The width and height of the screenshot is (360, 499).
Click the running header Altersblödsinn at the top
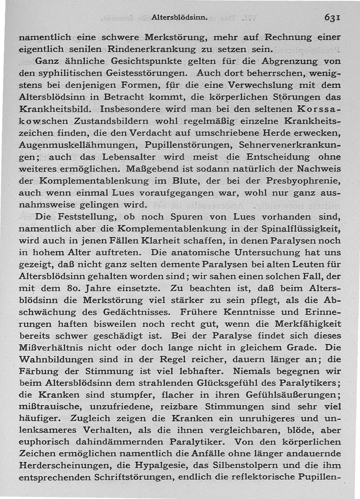click(179, 18)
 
